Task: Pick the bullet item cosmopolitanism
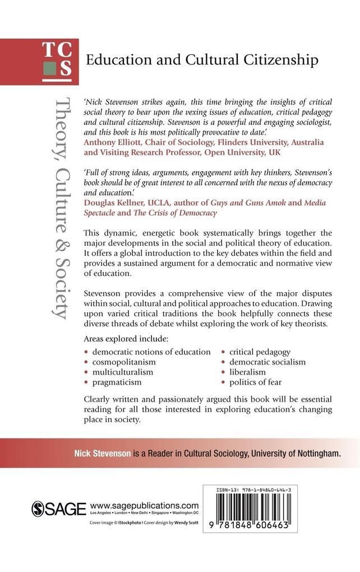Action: [x=124, y=362]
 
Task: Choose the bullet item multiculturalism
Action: [x=124, y=372]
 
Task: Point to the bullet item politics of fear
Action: [x=255, y=382]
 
